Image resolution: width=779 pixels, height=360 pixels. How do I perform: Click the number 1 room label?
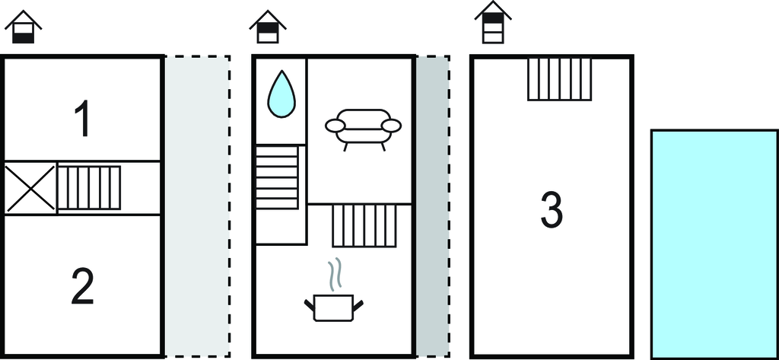(x=83, y=119)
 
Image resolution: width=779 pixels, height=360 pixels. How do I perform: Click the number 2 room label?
(x=83, y=287)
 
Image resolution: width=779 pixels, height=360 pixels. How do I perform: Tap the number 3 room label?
(x=552, y=210)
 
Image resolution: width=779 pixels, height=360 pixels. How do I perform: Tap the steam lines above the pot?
(x=334, y=275)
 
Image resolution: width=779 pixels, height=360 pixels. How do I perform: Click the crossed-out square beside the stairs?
(x=30, y=188)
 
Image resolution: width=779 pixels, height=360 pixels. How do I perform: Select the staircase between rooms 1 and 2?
(x=90, y=187)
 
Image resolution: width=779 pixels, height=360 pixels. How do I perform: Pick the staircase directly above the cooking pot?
(x=365, y=225)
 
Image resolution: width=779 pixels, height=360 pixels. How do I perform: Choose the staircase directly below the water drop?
(x=277, y=177)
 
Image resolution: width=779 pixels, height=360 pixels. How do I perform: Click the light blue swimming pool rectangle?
(x=714, y=244)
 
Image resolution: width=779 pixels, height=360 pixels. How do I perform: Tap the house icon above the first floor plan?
(x=24, y=28)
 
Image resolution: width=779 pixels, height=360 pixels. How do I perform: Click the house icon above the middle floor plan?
(x=268, y=28)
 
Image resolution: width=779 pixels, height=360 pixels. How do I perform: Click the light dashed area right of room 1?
(x=197, y=205)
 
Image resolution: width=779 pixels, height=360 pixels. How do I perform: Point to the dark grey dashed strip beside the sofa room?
(x=432, y=205)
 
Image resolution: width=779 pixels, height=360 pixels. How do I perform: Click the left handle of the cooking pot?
(x=310, y=305)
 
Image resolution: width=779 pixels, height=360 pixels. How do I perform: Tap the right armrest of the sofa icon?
(x=391, y=125)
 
